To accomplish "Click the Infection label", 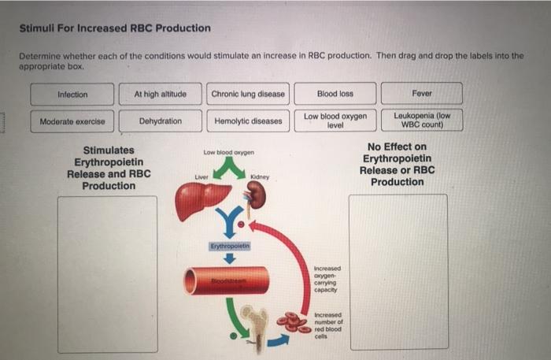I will pyautogui.click(x=72, y=95).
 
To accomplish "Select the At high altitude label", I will pyautogui.click(x=160, y=94).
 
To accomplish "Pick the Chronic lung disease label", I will pyautogui.click(x=248, y=94).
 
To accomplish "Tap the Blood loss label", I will pyautogui.click(x=335, y=94).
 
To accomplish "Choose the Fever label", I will pyautogui.click(x=422, y=94).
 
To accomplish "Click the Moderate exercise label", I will pyautogui.click(x=72, y=121).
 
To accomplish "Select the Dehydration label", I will pyautogui.click(x=160, y=121).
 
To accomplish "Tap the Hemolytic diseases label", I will pyautogui.click(x=248, y=121).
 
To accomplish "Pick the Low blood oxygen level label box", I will pyautogui.click(x=335, y=121).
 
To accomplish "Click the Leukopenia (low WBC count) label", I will pyautogui.click(x=422, y=121).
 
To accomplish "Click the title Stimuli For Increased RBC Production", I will pyautogui.click(x=115, y=28).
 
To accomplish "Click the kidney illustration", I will pyautogui.click(x=257, y=197).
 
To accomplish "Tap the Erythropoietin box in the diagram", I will pyautogui.click(x=230, y=246).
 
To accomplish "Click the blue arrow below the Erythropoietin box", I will pyautogui.click(x=230, y=258).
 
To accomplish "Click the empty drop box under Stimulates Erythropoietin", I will pyautogui.click(x=107, y=273).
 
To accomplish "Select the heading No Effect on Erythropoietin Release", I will pyautogui.click(x=397, y=164).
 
